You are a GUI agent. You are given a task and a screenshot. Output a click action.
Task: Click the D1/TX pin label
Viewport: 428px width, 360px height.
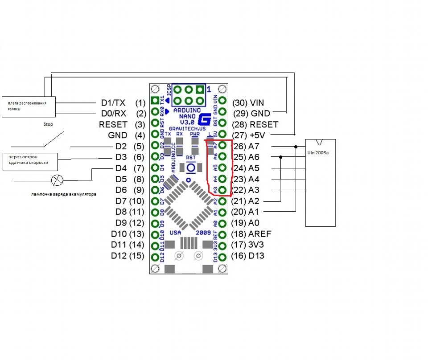114,102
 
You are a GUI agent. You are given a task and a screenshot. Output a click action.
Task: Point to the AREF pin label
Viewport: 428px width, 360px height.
260,234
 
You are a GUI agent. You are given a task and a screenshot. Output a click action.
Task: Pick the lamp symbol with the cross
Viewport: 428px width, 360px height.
58,180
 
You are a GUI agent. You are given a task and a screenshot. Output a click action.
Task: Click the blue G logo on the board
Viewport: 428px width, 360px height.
205,119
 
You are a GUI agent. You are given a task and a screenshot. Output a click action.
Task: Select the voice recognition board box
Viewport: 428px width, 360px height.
29,107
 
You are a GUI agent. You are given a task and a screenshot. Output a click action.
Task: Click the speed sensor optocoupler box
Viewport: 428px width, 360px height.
31,160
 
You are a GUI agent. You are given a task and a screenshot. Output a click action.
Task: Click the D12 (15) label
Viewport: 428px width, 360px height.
128,256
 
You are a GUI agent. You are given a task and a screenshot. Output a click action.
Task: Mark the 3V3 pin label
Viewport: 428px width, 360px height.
258,245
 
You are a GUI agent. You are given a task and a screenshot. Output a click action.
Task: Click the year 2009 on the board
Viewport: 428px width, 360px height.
204,233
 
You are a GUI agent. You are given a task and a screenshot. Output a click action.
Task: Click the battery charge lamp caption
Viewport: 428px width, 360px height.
64,194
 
